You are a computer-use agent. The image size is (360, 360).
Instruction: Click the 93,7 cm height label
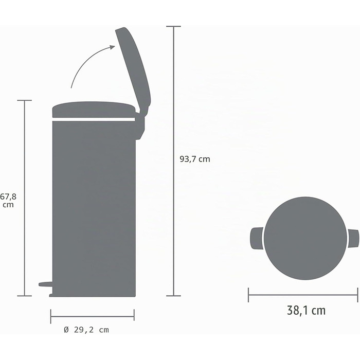(x=195, y=159)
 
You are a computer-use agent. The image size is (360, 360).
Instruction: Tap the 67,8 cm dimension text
(x=8, y=201)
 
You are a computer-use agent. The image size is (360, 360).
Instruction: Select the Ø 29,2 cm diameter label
(x=86, y=330)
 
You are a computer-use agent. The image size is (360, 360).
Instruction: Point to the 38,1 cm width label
(x=306, y=310)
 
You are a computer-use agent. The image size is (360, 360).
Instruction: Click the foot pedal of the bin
(x=45, y=284)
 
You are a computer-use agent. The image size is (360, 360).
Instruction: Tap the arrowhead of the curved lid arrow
(x=112, y=47)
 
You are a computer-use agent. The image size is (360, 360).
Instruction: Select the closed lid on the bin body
(x=94, y=110)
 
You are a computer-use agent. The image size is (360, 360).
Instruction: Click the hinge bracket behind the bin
(x=140, y=125)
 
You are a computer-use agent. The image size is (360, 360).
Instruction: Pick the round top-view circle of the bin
(x=305, y=238)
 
